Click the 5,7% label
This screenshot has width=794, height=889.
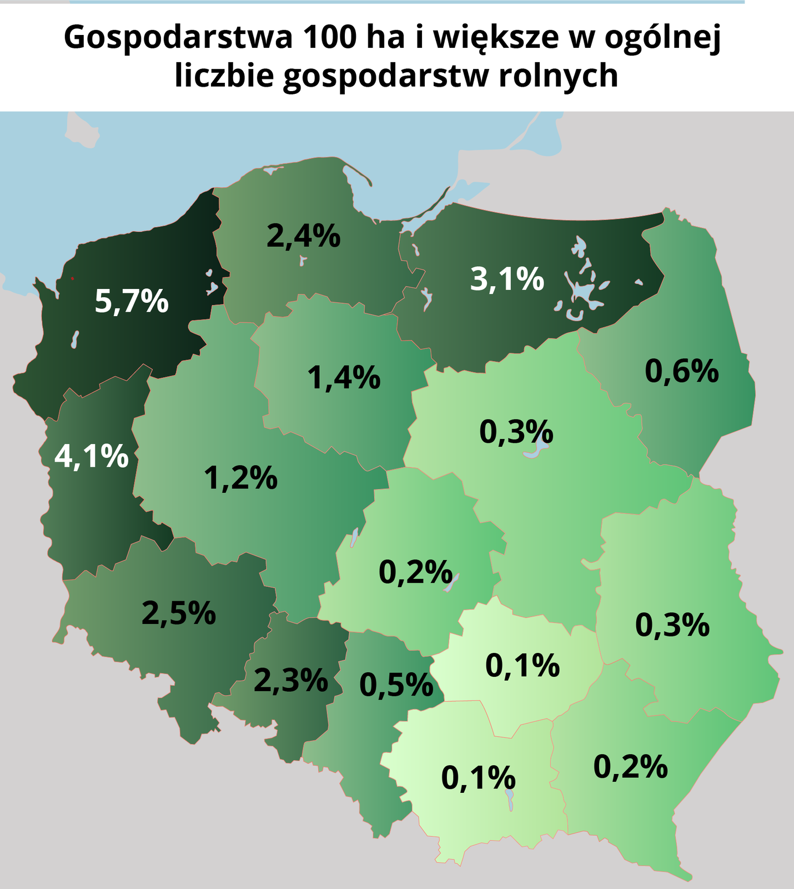click(132, 301)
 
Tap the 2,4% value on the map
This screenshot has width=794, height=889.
click(303, 236)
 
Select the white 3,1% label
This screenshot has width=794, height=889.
click(507, 279)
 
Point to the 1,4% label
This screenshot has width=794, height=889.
click(344, 378)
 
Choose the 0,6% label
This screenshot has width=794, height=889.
click(681, 371)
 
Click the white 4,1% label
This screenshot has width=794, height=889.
click(92, 456)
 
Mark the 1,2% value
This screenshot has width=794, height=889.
click(240, 478)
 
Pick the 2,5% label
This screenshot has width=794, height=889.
click(178, 613)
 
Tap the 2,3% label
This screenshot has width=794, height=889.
click(290, 680)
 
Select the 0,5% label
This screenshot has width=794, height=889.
click(396, 685)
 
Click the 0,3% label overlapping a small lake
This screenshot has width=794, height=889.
click(516, 432)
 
